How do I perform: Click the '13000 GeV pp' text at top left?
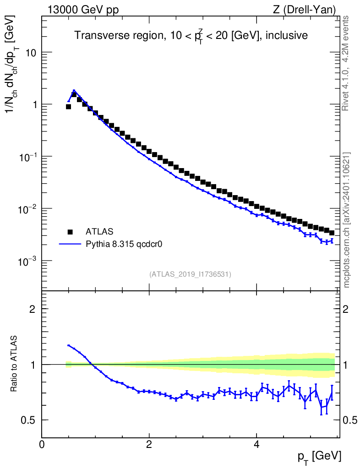83,9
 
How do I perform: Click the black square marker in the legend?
70,231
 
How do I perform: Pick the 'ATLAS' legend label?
99,231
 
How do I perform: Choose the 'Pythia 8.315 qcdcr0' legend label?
125,244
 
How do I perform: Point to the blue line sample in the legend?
70,244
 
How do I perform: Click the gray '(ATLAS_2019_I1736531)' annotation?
190,274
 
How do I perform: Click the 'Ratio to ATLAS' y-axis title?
15,364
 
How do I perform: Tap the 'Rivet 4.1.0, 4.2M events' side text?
347,63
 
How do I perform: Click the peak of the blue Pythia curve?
74,91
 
